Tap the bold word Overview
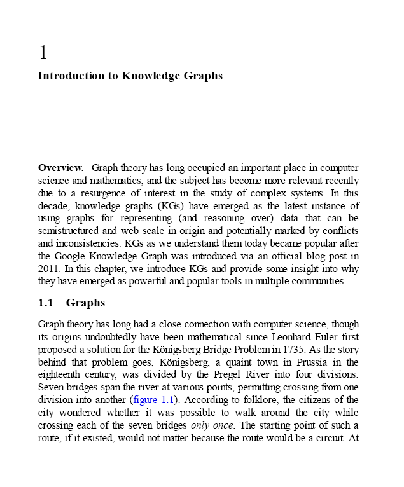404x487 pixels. (60, 168)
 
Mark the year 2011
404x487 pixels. (49, 268)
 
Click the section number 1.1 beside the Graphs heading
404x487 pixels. (46, 303)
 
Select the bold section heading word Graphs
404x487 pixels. (85, 303)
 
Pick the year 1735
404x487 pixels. (293, 350)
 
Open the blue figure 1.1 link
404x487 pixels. (151, 400)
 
